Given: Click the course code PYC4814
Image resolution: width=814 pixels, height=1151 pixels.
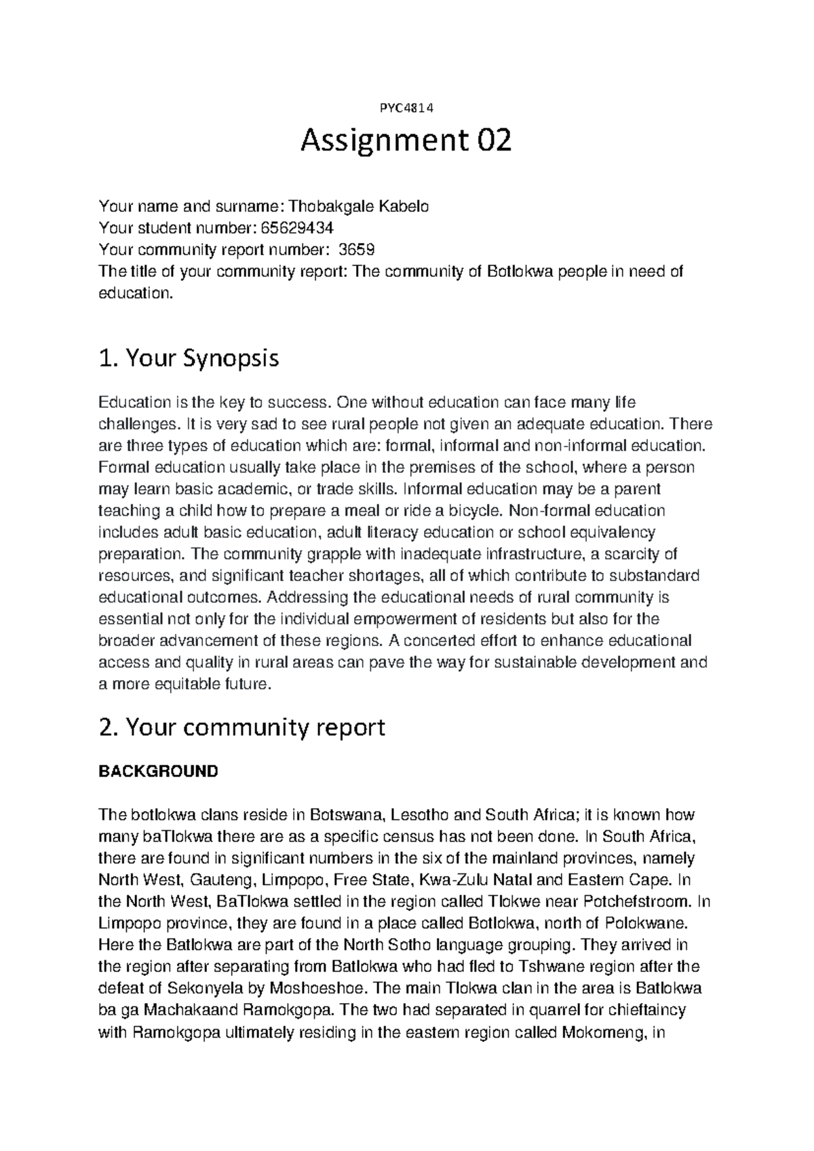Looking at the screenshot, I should coord(406,107).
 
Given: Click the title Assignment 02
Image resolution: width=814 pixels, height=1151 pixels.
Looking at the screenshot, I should coord(406,141).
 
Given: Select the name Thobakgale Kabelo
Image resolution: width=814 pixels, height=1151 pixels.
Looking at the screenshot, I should coord(360,206).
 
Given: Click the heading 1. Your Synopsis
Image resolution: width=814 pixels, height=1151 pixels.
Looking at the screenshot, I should coord(189,358).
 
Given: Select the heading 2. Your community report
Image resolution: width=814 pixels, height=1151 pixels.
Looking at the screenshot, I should coord(241,727).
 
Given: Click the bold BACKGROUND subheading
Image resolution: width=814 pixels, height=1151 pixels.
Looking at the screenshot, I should coord(158,771).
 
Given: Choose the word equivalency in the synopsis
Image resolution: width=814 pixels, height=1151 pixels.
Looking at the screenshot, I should coord(613,532).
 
